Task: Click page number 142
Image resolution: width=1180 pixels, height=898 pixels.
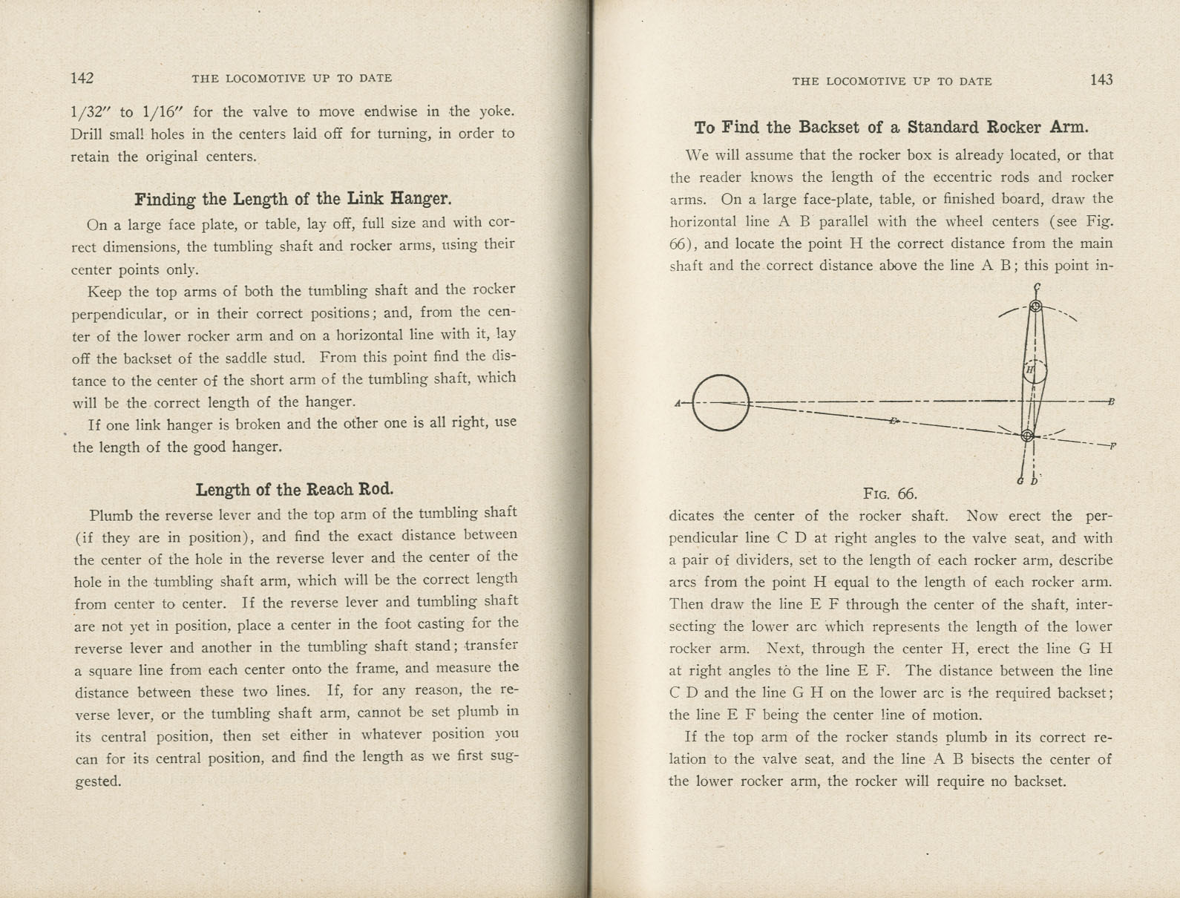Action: pos(82,78)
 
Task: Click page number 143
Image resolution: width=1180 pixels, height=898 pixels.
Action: pos(1101,80)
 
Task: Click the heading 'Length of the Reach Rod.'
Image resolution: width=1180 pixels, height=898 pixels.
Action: pos(295,490)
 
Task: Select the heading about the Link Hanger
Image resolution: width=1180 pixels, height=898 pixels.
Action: pos(293,199)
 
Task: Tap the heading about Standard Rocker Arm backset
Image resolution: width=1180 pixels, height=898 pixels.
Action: pos(891,128)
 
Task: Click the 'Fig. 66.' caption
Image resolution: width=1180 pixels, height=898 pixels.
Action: pos(890,494)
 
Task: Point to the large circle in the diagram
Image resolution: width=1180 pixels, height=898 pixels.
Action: pos(720,403)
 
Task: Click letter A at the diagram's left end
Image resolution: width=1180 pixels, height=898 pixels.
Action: pos(678,404)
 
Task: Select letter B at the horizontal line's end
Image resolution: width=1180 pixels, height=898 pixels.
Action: pos(1111,402)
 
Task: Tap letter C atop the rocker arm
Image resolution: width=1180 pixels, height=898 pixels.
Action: pos(1037,287)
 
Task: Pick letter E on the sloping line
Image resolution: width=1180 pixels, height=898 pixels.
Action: pos(894,421)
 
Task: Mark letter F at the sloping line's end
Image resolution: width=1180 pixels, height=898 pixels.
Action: pos(1112,446)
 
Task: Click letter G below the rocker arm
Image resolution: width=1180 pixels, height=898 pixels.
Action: pos(1021,482)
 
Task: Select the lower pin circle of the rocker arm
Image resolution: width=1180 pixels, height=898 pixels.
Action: pos(1027,436)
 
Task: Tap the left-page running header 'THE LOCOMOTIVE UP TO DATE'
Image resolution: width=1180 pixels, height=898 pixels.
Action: pos(292,78)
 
